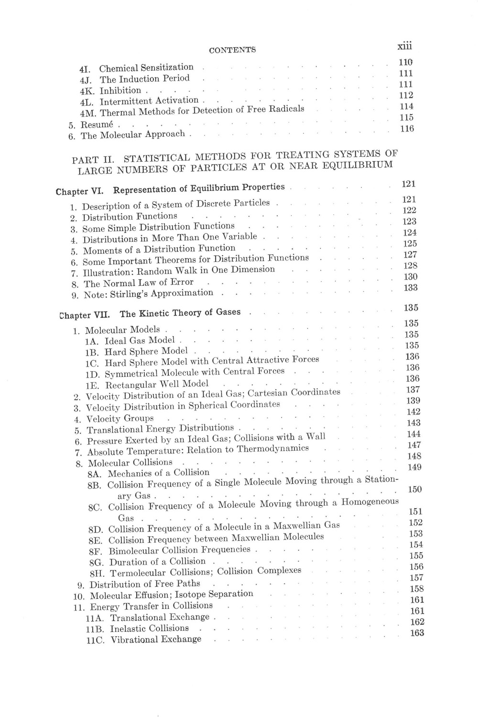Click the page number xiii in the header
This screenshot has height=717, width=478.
tap(404, 46)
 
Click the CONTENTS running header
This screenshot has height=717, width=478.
tap(232, 50)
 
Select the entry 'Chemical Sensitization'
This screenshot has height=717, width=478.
tap(146, 68)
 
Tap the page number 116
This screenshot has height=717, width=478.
tap(406, 129)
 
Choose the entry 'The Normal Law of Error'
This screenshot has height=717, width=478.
tap(139, 283)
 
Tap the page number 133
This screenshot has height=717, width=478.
tap(410, 288)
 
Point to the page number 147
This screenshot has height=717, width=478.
tap(413, 445)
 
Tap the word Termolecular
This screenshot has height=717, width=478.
tap(138, 573)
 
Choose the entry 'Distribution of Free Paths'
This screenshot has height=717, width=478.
tap(145, 584)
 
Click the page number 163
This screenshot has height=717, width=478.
tap(417, 633)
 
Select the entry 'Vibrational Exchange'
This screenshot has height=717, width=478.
tap(156, 640)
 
